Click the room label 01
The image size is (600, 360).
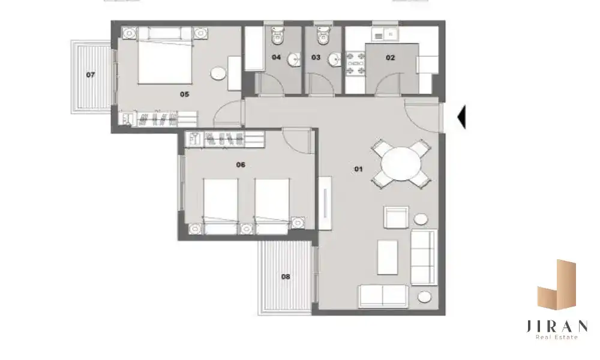click(358, 169)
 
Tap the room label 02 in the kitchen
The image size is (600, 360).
click(390, 58)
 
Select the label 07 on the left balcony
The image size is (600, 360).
click(91, 74)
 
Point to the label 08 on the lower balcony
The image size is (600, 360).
click(286, 277)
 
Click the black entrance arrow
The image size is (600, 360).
click(461, 116)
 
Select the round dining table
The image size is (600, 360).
click(401, 164)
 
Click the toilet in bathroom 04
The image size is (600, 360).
click(277, 35)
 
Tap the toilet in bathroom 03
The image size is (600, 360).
click(323, 35)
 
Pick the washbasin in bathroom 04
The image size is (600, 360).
click(294, 59)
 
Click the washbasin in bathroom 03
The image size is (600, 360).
click(334, 59)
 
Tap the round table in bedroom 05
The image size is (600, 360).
click(218, 73)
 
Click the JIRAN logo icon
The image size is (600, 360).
click(557, 284)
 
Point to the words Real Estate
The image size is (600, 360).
click(556, 337)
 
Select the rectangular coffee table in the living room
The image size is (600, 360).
click(387, 257)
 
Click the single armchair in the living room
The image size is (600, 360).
click(397, 217)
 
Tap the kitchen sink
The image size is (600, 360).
click(391, 34)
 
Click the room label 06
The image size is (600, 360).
click(241, 165)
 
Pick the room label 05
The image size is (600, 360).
click(184, 94)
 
